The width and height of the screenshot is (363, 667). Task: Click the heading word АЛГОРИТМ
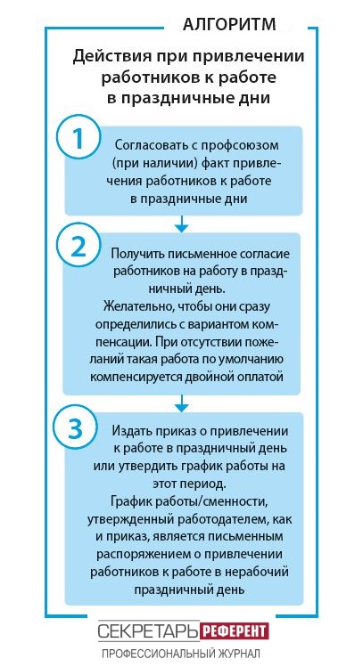click(229, 24)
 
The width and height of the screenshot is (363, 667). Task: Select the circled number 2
click(78, 247)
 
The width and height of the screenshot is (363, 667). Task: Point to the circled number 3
click(75, 428)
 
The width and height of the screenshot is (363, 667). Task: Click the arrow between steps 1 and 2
click(182, 224)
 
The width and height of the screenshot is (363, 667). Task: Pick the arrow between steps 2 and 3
click(182, 403)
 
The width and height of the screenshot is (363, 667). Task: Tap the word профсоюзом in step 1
click(243, 145)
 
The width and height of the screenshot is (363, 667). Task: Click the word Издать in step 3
click(129, 431)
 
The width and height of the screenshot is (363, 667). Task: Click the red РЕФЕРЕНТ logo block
click(234, 631)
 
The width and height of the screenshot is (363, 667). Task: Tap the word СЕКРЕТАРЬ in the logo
click(149, 631)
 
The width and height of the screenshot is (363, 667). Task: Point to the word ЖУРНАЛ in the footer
click(240, 653)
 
